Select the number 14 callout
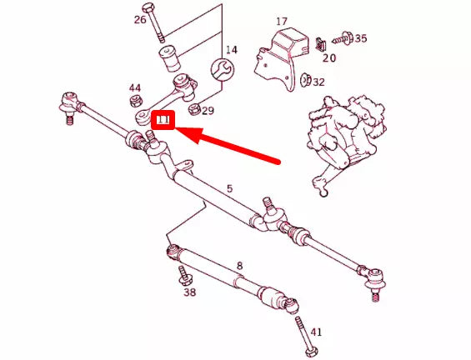(x=231, y=50)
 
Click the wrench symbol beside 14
(x=221, y=69)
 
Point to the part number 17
(x=281, y=21)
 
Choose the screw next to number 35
(x=343, y=38)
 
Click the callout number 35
(x=360, y=38)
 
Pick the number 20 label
(x=329, y=58)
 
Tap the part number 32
(x=318, y=82)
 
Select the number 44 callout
(x=135, y=87)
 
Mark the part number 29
(x=208, y=110)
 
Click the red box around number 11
(x=163, y=122)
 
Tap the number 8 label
(x=239, y=266)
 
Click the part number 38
(x=190, y=292)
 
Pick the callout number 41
(x=315, y=332)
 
